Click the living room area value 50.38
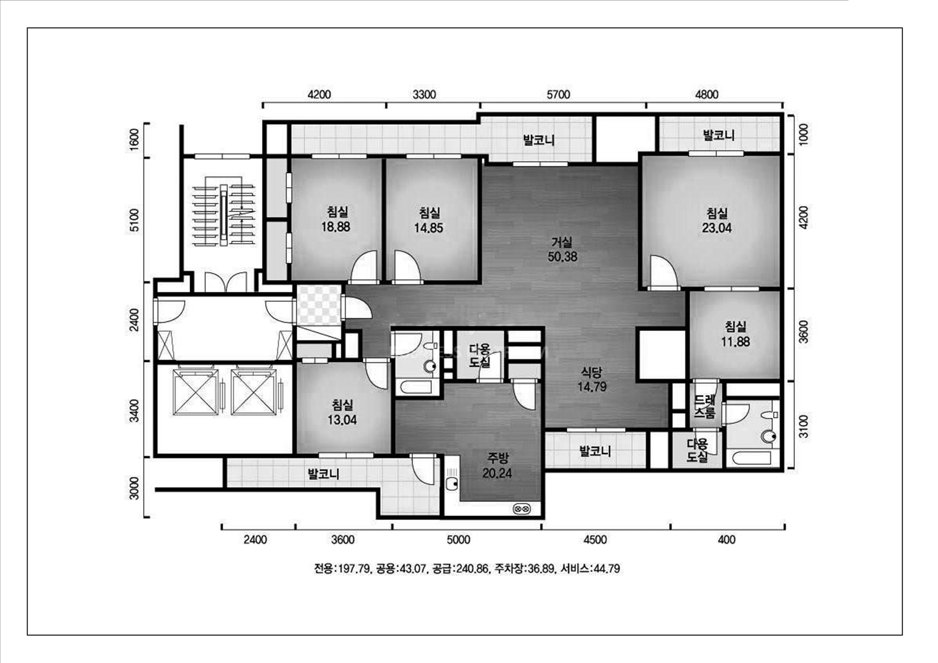(563, 256)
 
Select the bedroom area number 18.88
(336, 227)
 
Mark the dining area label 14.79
(592, 386)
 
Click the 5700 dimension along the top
(558, 95)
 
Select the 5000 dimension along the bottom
(458, 540)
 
